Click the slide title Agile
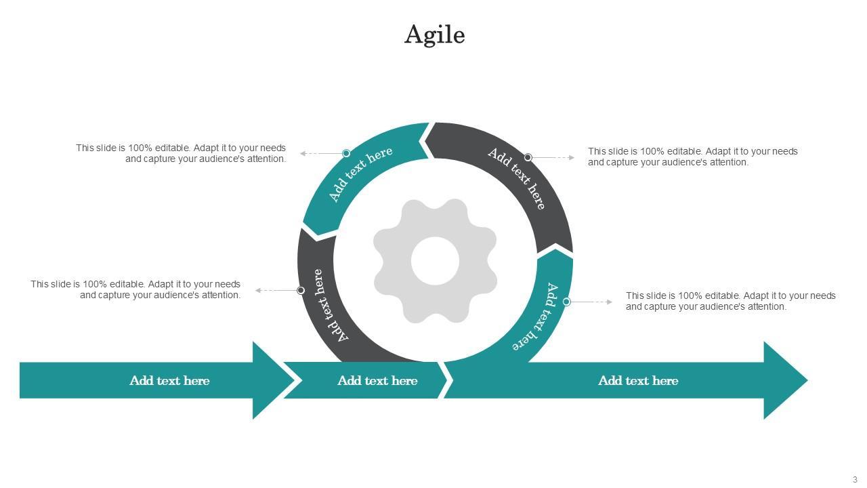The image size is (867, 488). pos(434,35)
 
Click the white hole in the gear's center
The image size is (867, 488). pos(435,261)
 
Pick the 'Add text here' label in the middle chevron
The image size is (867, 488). pos(377,381)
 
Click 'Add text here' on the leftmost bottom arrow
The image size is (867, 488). pos(169,381)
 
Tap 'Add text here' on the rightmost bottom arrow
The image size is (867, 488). pos(638,381)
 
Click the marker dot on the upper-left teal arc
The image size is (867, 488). pos(346,153)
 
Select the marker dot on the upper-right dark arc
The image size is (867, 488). pos(528,157)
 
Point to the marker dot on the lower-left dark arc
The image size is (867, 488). pos(301,290)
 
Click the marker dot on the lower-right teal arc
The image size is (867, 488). pos(567,302)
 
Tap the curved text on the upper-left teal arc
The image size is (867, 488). pos(360,174)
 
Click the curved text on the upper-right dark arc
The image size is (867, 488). pos(517,178)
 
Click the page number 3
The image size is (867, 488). pos(855,479)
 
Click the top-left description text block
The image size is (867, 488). pos(181,153)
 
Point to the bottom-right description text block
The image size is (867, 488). pos(730,301)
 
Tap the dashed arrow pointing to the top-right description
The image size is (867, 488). pos(553,157)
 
